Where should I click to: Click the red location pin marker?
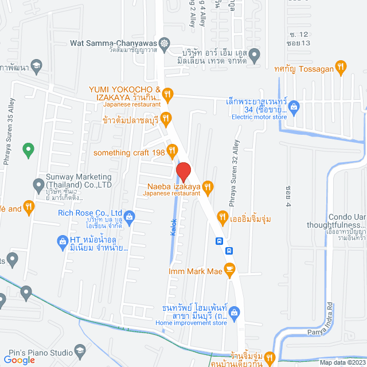183,172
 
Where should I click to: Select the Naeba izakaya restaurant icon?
208,186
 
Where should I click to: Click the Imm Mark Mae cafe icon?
229,268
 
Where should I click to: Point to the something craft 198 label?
128,152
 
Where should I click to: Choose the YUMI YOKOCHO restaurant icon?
167,93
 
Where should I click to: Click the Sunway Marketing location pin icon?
38,185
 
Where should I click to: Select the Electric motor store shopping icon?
294,106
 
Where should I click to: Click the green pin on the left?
27,151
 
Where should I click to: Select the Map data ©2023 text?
342,362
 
